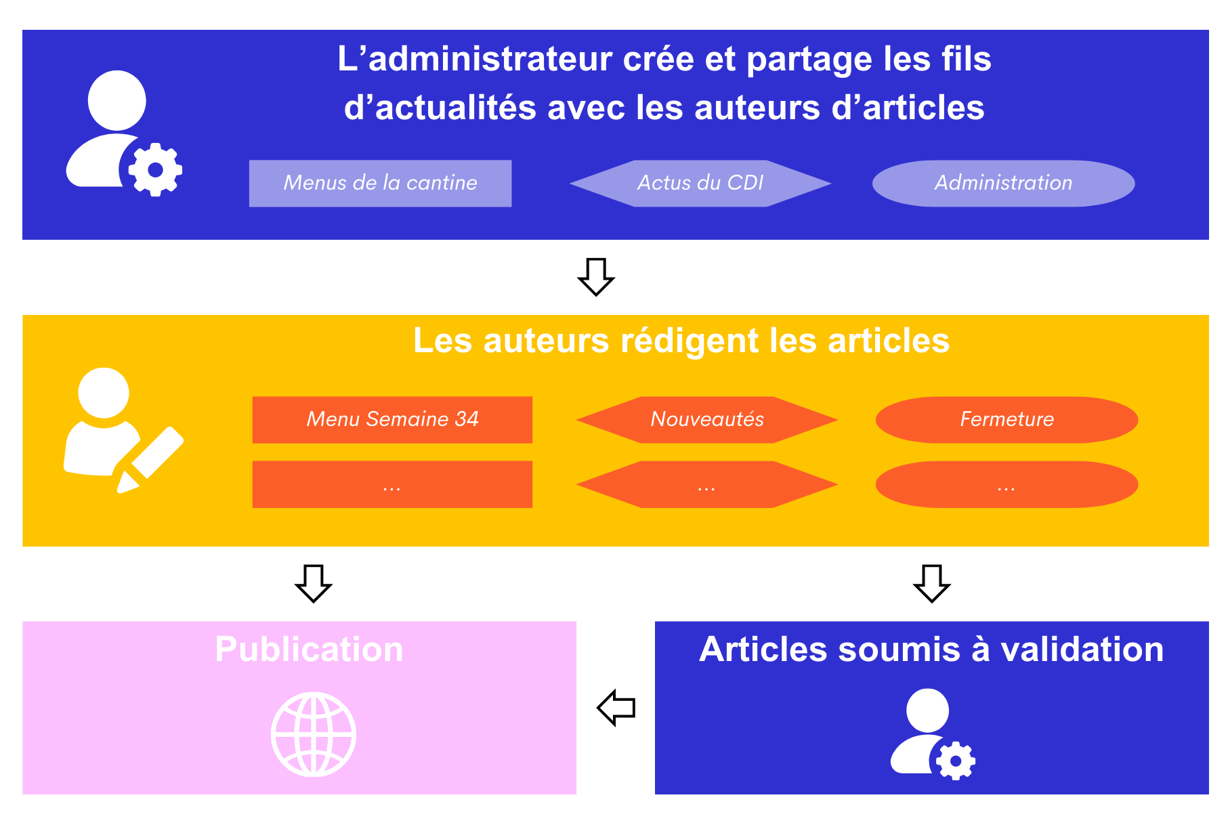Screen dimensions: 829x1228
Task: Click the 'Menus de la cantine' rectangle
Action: [x=380, y=184]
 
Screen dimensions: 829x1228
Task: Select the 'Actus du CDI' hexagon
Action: [x=700, y=184]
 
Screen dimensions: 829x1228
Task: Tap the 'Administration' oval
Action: [x=1003, y=184]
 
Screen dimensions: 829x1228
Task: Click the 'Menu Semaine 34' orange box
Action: [x=392, y=420]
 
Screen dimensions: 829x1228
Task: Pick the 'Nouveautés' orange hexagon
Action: [x=706, y=420]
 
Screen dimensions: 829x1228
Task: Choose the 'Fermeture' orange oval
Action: [x=1007, y=420]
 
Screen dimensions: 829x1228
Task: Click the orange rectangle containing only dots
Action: [x=392, y=484]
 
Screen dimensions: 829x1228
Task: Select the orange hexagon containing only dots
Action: [x=706, y=484]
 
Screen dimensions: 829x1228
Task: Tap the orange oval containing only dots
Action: [x=1007, y=484]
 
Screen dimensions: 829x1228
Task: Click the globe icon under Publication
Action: [x=314, y=734]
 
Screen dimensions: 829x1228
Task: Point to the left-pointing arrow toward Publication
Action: [x=616, y=708]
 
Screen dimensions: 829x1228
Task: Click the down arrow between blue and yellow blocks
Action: [x=596, y=276]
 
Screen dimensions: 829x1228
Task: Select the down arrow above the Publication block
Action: [x=314, y=583]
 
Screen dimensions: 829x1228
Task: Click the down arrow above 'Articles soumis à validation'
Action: [x=932, y=583]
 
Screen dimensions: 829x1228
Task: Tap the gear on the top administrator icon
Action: [x=155, y=170]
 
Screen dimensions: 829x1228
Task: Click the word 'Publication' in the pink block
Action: [x=309, y=650]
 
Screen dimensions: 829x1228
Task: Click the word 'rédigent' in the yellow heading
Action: [x=690, y=341]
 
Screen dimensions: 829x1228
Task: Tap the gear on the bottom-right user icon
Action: [x=956, y=761]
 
